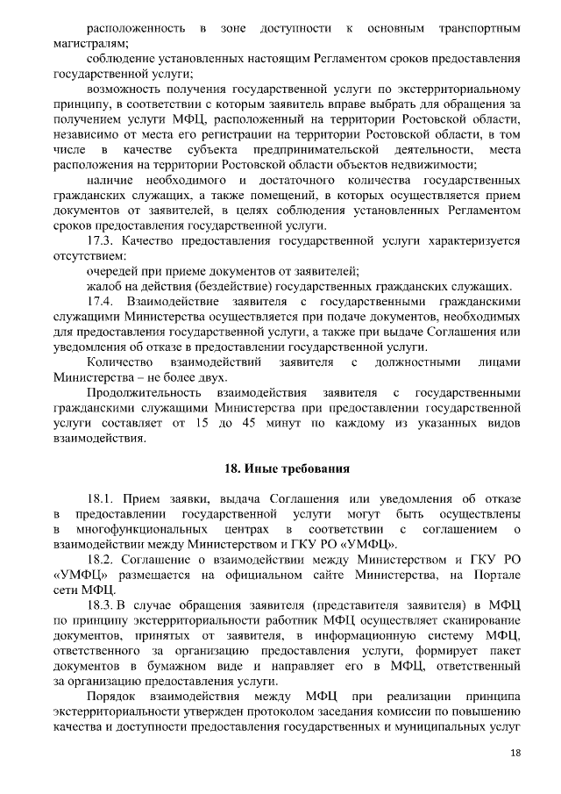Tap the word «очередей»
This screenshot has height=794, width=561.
pyautogui.click(x=112, y=271)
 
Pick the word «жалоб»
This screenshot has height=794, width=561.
pyautogui.click(x=103, y=286)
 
